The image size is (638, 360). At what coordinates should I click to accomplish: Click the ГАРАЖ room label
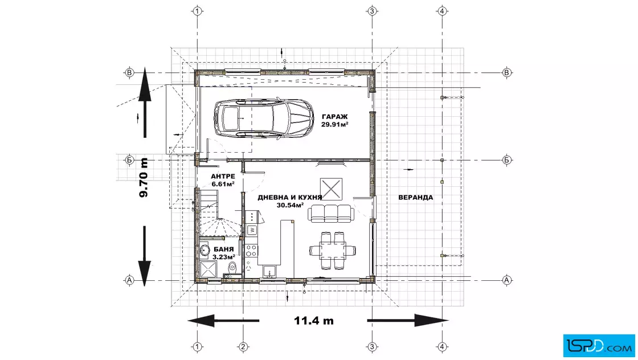(x=334, y=117)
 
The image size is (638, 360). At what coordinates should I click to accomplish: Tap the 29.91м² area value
(x=334, y=125)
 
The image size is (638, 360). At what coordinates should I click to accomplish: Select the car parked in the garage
(x=264, y=118)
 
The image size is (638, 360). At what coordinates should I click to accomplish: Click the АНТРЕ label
(x=223, y=176)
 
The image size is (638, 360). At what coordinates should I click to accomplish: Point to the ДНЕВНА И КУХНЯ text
(x=290, y=197)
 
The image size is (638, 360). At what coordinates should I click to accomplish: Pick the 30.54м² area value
(x=290, y=205)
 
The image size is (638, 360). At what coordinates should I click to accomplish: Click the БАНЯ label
(x=223, y=249)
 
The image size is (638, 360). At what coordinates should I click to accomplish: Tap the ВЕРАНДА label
(x=415, y=197)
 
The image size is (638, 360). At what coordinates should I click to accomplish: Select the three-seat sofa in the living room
(x=330, y=213)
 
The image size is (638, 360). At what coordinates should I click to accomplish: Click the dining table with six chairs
(x=333, y=250)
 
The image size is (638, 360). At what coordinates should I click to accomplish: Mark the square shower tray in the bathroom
(x=208, y=269)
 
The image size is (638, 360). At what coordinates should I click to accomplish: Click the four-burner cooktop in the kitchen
(x=251, y=250)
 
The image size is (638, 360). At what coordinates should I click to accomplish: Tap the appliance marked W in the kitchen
(x=251, y=230)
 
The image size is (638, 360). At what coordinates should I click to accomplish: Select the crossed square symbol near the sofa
(x=331, y=189)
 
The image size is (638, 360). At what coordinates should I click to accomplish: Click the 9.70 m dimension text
(x=144, y=177)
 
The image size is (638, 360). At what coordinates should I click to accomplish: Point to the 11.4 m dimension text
(x=314, y=321)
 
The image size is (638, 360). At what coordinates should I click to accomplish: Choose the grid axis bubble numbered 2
(x=243, y=347)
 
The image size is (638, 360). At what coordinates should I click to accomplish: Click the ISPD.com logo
(x=599, y=346)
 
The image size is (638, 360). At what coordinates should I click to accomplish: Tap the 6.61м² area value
(x=223, y=184)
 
